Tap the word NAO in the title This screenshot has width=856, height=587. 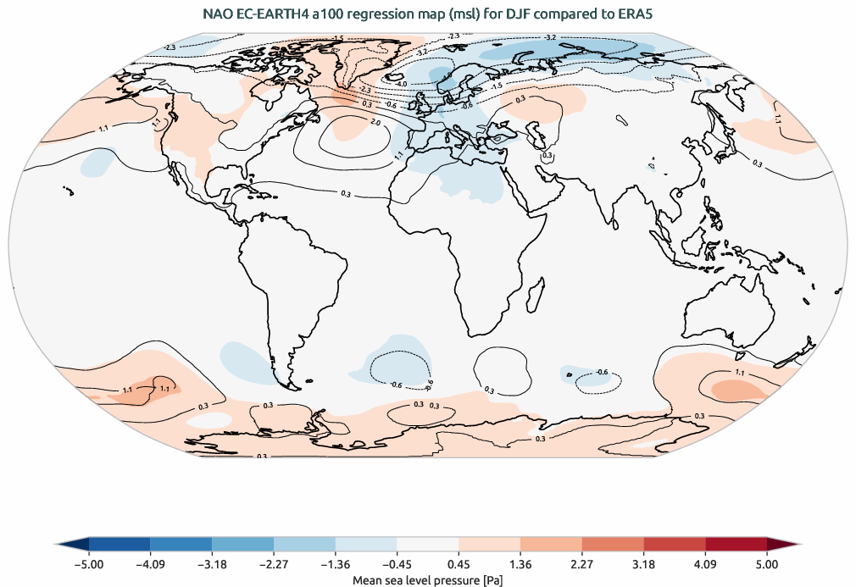pyautogui.click(x=217, y=14)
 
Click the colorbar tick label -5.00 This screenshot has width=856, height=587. pyautogui.click(x=88, y=563)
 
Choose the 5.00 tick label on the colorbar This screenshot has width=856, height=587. pyautogui.click(x=767, y=563)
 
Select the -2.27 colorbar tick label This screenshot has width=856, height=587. pyautogui.click(x=274, y=563)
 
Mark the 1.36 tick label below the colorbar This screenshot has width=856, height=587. pyautogui.click(x=520, y=563)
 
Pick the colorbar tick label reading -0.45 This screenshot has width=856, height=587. pyautogui.click(x=397, y=563)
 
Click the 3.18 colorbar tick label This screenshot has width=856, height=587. pyautogui.click(x=644, y=563)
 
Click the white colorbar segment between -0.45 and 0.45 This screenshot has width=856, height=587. pyautogui.click(x=428, y=545)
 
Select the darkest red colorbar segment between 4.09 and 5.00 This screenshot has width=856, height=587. pyautogui.click(x=736, y=545)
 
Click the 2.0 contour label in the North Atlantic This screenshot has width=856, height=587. pyautogui.click(x=375, y=124)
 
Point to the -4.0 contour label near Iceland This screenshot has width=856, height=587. pyautogui.click(x=402, y=84)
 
